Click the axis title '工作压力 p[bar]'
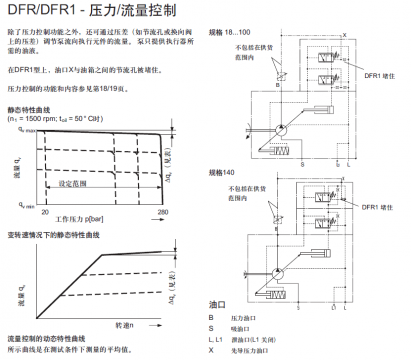click(x=84, y=217)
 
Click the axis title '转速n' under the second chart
click(x=124, y=326)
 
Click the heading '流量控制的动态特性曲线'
click(x=47, y=341)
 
